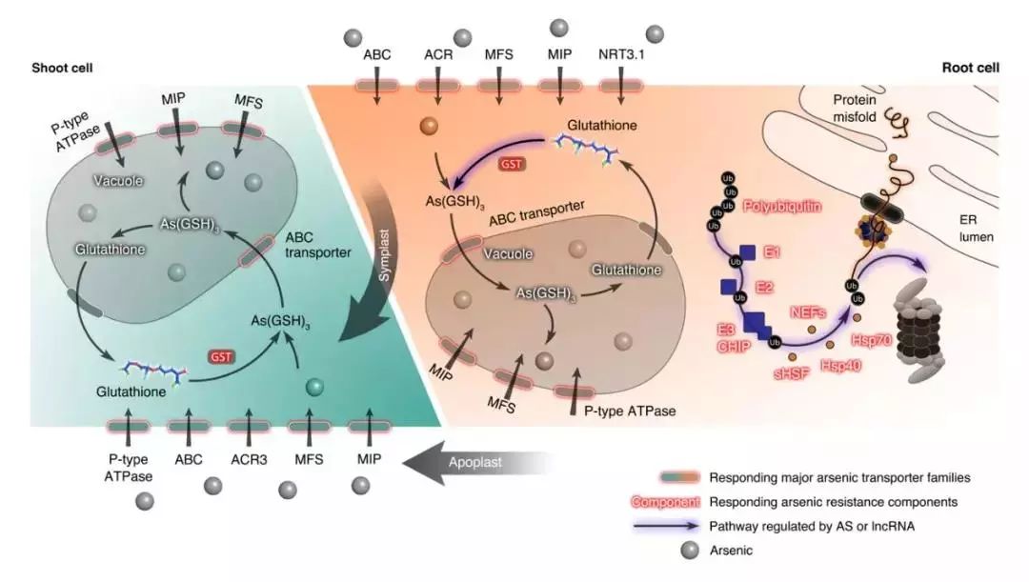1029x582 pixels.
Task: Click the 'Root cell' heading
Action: coord(970,68)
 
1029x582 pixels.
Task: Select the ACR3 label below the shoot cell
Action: coord(249,458)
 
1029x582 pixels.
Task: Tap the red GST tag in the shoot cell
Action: coord(221,354)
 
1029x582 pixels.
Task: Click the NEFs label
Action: coord(809,309)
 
